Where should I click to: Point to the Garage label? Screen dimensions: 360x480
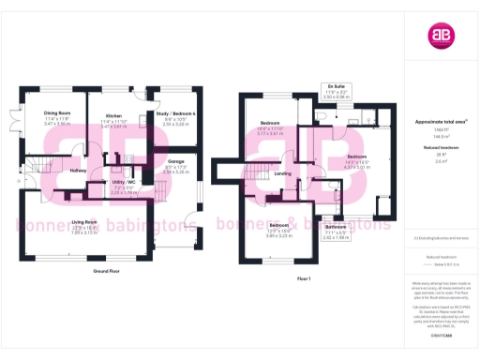175,160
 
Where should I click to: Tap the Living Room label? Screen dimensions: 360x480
85,221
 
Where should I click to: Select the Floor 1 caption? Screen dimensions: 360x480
304,279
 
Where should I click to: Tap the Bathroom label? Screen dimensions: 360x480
336,227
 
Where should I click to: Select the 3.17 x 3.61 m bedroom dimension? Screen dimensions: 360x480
271,134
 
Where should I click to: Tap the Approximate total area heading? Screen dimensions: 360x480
440,122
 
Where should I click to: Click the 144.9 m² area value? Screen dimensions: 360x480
440,136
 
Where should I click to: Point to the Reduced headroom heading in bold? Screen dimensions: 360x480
440,147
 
